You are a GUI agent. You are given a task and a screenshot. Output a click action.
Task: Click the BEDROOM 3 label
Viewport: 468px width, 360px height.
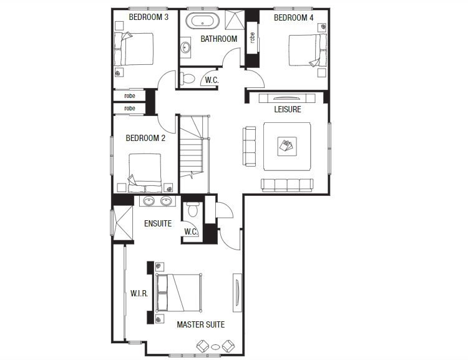[149, 17]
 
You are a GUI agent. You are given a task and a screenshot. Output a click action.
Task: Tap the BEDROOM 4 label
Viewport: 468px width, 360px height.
[293, 17]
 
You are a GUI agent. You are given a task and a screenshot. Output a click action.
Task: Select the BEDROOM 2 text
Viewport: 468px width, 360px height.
[145, 139]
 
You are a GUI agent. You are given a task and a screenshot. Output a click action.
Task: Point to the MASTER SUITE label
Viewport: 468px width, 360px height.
[200, 324]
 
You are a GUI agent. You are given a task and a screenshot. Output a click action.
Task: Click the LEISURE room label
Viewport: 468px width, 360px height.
[288, 109]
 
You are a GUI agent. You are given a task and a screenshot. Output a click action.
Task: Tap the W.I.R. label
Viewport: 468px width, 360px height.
[139, 293]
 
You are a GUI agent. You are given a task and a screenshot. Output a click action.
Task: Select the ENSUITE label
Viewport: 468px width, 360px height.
[158, 223]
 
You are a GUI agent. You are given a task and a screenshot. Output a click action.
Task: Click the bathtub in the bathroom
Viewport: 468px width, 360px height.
[203, 21]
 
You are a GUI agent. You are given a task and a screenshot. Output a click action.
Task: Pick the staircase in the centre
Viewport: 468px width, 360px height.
[194, 153]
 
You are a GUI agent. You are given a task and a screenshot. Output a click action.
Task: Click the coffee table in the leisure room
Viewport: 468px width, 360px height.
[286, 146]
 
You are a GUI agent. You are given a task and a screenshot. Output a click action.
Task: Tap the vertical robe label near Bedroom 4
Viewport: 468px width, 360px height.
[252, 38]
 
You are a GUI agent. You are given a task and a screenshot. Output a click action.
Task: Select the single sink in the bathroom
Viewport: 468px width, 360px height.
[185, 46]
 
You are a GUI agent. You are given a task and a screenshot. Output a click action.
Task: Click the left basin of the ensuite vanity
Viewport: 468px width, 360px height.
[150, 201]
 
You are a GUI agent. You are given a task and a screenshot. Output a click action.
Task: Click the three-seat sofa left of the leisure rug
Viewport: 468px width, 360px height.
[250, 146]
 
